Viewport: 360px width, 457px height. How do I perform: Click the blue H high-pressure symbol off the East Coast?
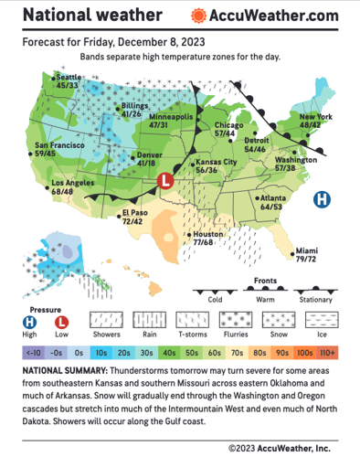point(323,199)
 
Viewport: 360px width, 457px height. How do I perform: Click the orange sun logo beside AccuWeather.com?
point(198,16)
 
